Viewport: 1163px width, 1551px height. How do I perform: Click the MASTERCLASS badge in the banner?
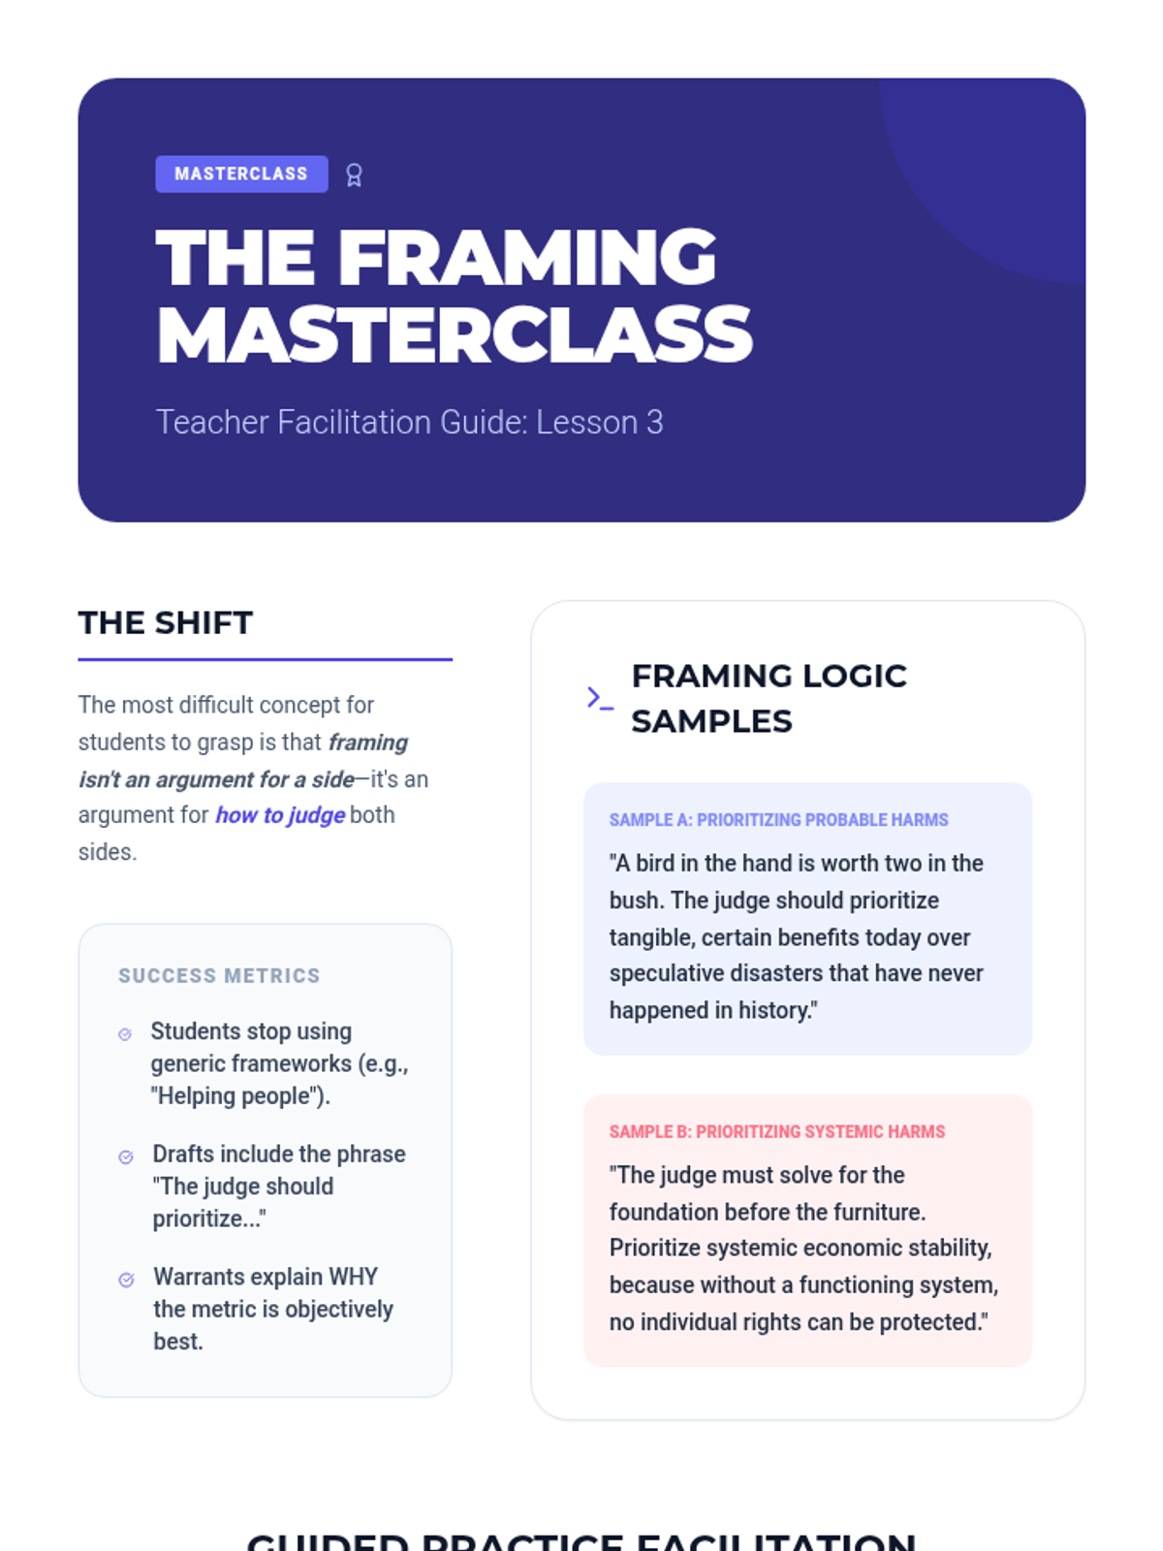(241, 174)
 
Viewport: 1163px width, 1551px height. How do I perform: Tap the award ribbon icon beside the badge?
(354, 175)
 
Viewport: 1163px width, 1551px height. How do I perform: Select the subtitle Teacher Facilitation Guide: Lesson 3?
(409, 423)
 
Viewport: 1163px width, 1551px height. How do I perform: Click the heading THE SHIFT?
(166, 622)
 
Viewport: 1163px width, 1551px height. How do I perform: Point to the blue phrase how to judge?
(279, 815)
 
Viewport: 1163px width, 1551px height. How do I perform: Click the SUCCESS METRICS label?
(219, 975)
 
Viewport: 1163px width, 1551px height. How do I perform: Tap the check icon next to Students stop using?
(125, 1034)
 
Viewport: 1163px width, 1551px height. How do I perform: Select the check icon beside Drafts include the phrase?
(126, 1157)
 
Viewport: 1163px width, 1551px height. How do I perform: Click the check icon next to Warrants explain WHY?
(126, 1280)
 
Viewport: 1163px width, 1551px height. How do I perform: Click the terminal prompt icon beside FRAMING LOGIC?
(600, 698)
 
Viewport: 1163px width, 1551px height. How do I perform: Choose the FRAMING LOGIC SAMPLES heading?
(769, 698)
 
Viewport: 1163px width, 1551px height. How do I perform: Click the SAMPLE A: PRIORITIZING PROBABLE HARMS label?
(778, 820)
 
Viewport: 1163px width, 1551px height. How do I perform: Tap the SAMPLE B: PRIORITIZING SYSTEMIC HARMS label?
(776, 1132)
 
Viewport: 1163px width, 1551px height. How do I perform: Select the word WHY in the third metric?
(353, 1277)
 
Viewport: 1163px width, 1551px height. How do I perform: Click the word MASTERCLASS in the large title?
(454, 335)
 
